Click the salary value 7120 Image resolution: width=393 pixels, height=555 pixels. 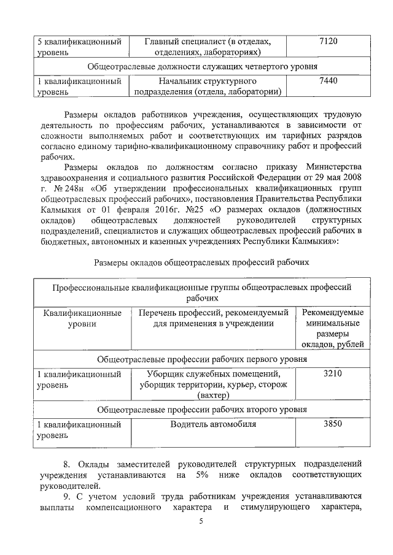click(x=329, y=41)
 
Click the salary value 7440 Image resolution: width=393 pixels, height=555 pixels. click(x=329, y=80)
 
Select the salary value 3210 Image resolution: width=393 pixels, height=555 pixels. click(x=332, y=373)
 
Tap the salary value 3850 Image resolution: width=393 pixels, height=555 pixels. click(x=332, y=424)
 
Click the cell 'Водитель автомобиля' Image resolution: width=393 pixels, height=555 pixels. click(x=213, y=424)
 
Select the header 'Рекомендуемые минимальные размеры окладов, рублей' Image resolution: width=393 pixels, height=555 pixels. click(x=333, y=328)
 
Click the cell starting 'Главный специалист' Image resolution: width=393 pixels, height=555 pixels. click(x=207, y=46)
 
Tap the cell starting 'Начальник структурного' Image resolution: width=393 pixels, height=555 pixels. click(x=207, y=86)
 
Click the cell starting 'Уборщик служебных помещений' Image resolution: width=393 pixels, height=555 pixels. click(x=213, y=385)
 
